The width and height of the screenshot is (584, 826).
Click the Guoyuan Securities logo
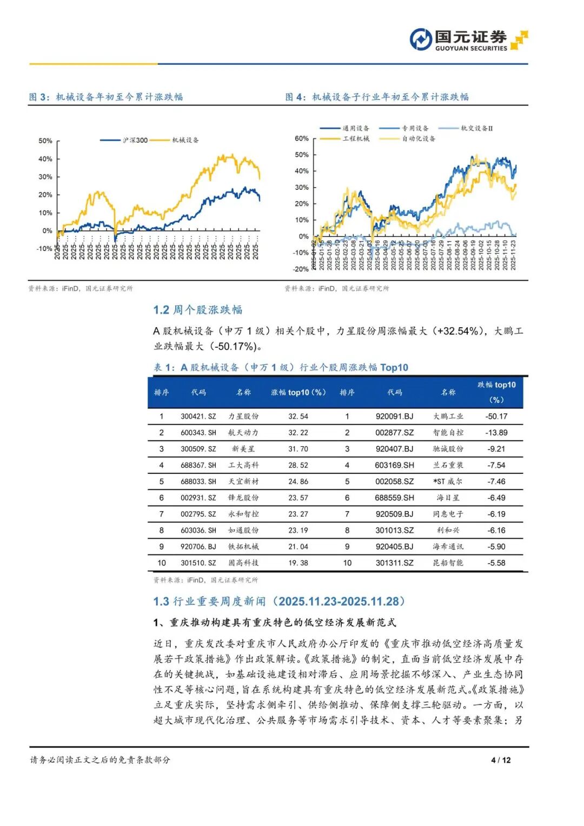(468, 40)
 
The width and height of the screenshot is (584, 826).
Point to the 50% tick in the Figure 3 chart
(45, 141)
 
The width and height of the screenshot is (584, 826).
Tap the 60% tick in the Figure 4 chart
(302, 138)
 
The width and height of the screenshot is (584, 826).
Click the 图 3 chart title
(106, 97)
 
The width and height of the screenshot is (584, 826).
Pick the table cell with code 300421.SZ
(198, 417)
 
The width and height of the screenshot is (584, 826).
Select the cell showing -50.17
(496, 417)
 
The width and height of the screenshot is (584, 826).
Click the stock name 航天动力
(243, 433)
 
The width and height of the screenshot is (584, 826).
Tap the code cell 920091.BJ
(394, 417)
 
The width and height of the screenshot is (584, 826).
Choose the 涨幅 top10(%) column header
(298, 392)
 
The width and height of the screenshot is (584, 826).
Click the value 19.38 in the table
(298, 563)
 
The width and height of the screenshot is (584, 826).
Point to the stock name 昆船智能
(448, 563)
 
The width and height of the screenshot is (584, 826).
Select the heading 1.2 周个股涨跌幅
(198, 309)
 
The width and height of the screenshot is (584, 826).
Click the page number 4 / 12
(501, 760)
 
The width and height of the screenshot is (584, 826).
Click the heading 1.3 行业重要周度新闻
(279, 602)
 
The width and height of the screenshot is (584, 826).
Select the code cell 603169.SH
(394, 465)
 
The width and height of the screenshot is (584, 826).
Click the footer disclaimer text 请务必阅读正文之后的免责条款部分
(100, 760)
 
